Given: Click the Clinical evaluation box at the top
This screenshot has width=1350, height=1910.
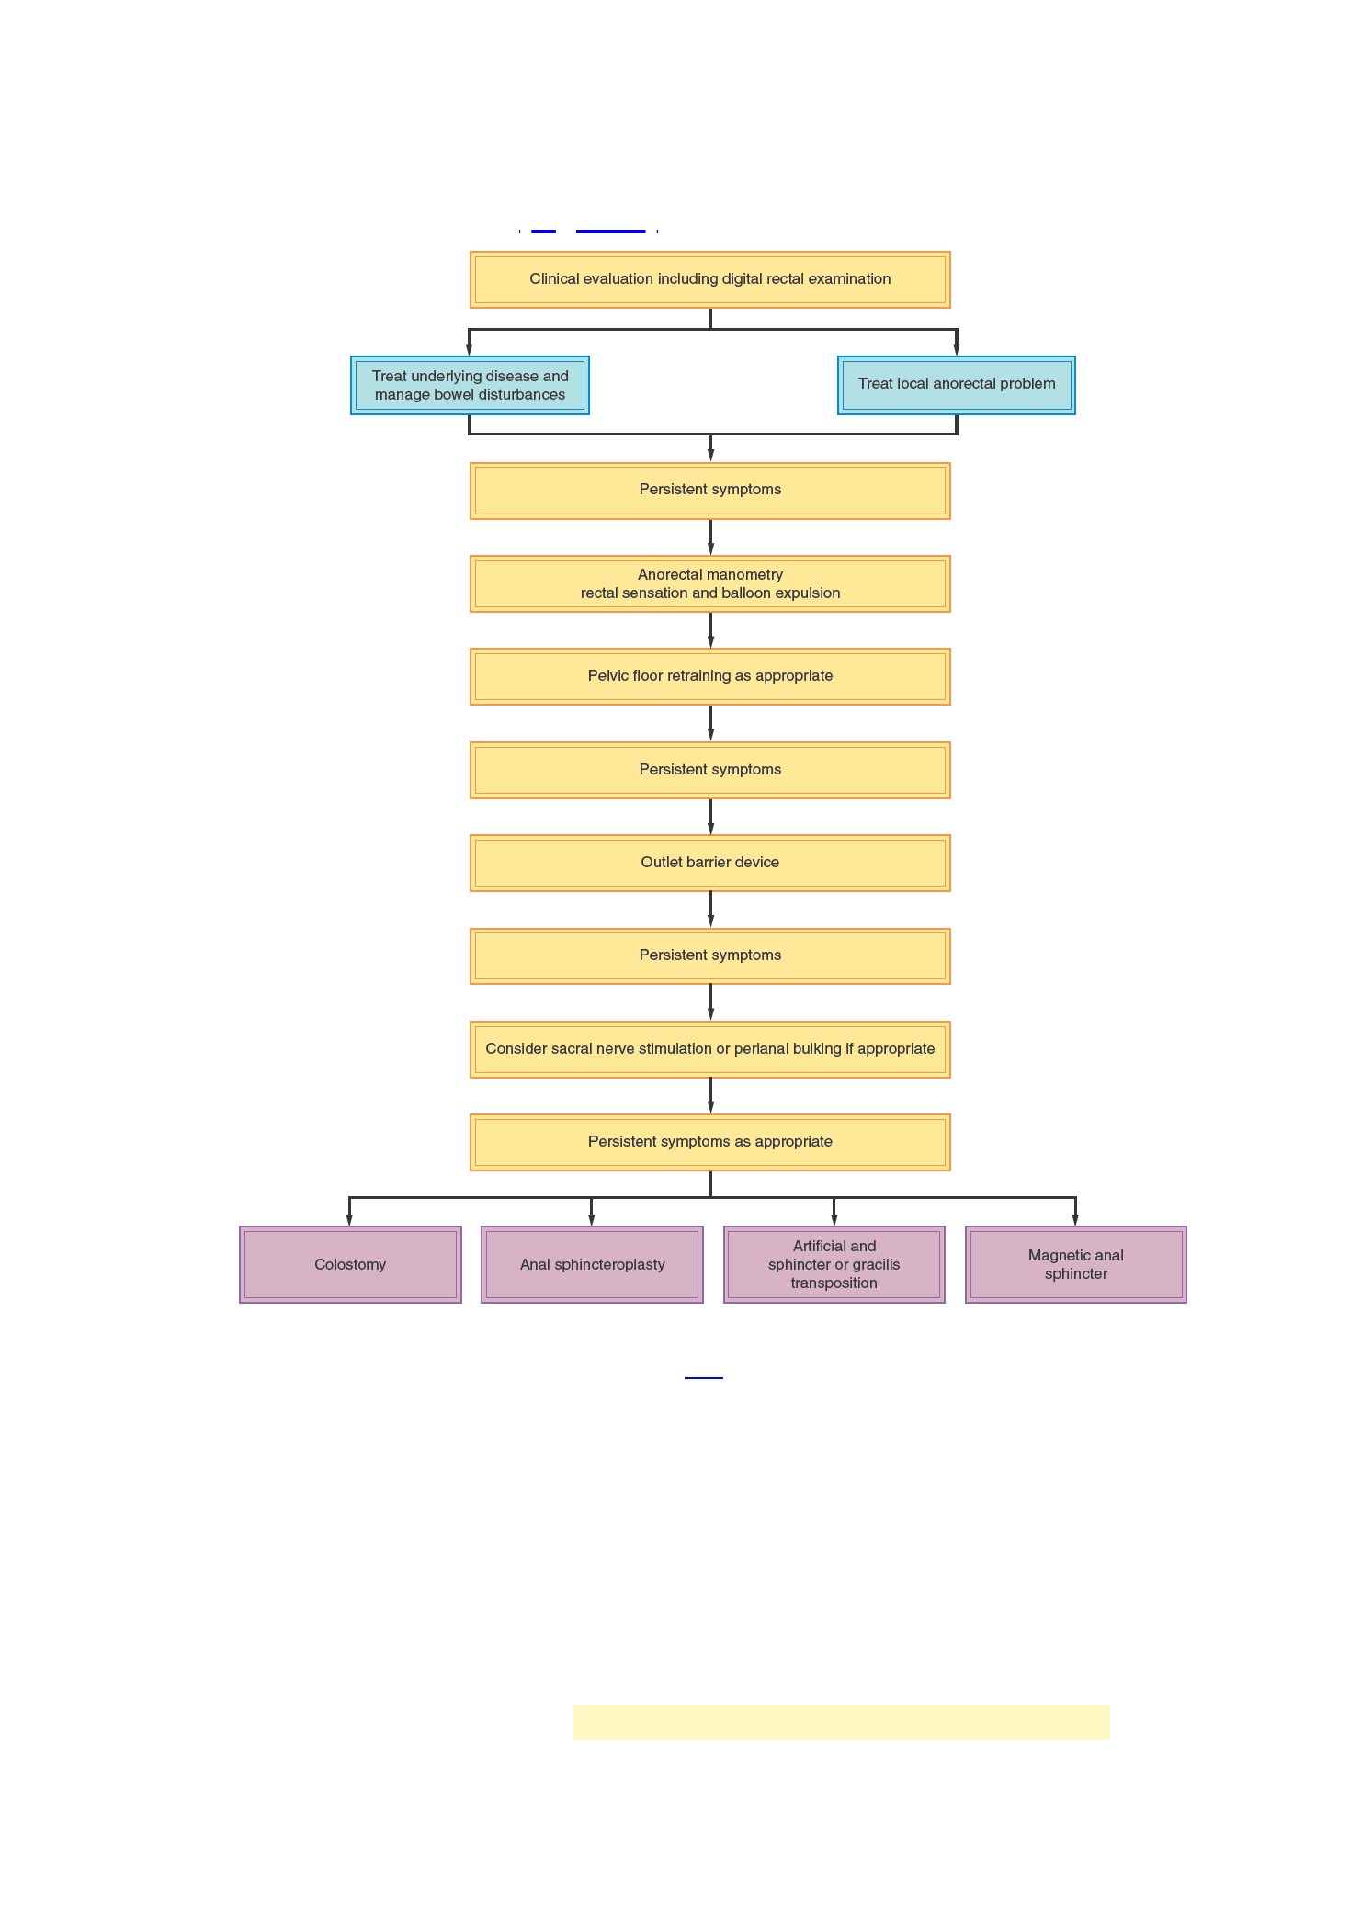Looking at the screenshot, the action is pyautogui.click(x=709, y=279).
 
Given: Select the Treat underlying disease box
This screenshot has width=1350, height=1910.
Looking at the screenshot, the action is pyautogui.click(x=470, y=385).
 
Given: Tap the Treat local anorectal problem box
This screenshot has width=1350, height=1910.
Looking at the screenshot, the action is pyautogui.click(x=957, y=385).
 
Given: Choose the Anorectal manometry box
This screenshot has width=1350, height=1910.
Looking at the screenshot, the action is pyautogui.click(x=709, y=583).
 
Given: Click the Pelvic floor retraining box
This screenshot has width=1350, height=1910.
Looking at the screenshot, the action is pyautogui.click(x=709, y=676).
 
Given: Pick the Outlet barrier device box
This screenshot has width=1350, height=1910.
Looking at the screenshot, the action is pyautogui.click(x=709, y=863).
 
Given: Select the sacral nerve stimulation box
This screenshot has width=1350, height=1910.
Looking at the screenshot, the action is pyautogui.click(x=709, y=1049).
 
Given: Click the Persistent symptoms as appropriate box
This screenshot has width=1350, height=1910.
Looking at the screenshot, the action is pyautogui.click(x=709, y=1142).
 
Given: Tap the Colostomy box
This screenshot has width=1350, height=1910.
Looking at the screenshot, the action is pyautogui.click(x=350, y=1264).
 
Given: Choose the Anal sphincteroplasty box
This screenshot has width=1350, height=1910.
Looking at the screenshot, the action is pyautogui.click(x=592, y=1264).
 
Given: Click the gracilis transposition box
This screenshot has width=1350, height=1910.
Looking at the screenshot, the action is pyautogui.click(x=834, y=1264).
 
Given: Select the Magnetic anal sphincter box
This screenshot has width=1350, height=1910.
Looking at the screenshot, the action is pyautogui.click(x=1076, y=1264).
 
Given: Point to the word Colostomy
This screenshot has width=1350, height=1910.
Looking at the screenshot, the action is pyautogui.click(x=350, y=1264).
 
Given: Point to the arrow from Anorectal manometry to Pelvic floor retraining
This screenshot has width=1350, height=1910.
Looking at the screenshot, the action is pyautogui.click(x=710, y=630).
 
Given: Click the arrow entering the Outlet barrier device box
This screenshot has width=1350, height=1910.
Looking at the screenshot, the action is pyautogui.click(x=710, y=817).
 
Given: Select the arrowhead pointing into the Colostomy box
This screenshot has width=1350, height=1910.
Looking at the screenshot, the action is pyautogui.click(x=349, y=1219).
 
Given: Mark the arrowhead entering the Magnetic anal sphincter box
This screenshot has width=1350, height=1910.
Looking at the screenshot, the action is pyautogui.click(x=1075, y=1219).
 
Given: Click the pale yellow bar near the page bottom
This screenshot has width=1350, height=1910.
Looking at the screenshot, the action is pyautogui.click(x=842, y=1723).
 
